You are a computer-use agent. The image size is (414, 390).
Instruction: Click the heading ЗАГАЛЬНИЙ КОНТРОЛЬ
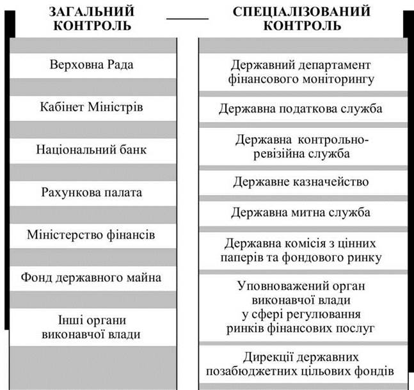pos(92,19)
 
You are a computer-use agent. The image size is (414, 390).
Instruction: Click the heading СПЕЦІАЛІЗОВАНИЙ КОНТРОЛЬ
pos(301,19)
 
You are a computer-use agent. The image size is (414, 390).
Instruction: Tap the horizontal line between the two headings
pos(187,19)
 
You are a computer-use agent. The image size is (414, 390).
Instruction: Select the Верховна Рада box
pos(93,66)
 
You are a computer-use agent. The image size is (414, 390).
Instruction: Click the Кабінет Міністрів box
pos(93,109)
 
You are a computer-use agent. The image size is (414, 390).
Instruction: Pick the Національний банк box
pos(93,151)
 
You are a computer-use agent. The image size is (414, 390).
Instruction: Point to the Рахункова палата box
pos(93,194)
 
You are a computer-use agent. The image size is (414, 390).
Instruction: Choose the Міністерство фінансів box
pos(93,236)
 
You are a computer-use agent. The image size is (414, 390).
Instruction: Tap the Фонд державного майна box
pos(93,279)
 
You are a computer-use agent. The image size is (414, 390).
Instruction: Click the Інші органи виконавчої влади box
pos(93,327)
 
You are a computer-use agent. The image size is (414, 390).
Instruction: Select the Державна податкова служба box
pos(303,109)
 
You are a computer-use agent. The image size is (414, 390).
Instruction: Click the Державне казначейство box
pos(303,183)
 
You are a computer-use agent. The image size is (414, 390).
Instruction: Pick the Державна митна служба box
pos(303,214)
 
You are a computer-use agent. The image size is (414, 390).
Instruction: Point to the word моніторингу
pos(338,79)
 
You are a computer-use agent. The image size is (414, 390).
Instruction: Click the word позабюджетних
pos(247,371)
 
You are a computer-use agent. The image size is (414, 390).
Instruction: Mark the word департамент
pos(335,66)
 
